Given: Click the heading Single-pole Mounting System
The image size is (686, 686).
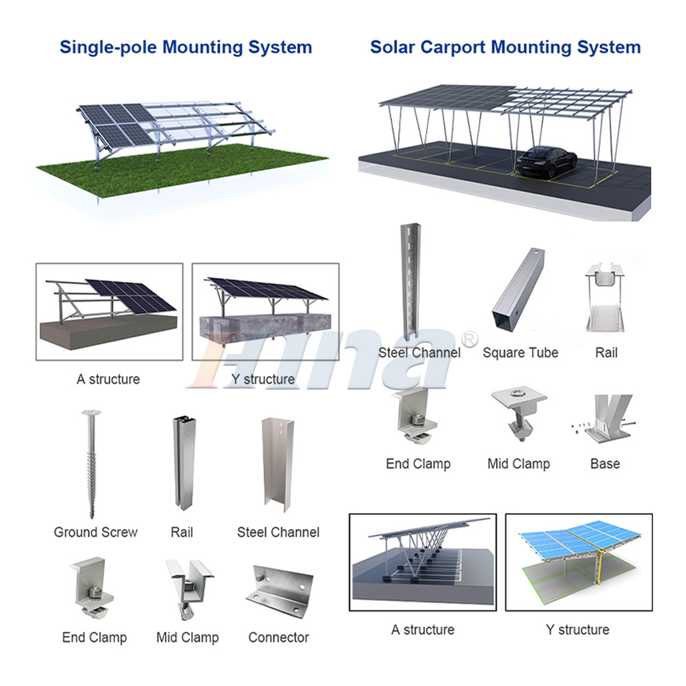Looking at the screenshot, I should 185,47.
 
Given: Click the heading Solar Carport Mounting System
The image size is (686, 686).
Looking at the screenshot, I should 505,47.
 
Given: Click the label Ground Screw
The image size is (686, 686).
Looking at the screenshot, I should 95,532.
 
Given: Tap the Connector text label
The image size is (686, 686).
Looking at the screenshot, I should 278,637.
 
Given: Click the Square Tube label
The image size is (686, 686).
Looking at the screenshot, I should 520,353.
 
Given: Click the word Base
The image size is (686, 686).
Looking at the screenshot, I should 605,464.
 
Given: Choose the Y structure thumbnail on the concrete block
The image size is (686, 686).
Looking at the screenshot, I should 266,311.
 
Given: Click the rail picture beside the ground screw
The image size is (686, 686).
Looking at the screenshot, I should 182,464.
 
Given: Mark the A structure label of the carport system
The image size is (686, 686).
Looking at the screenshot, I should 422,630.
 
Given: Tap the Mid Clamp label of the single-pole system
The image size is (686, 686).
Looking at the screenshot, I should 187,637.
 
